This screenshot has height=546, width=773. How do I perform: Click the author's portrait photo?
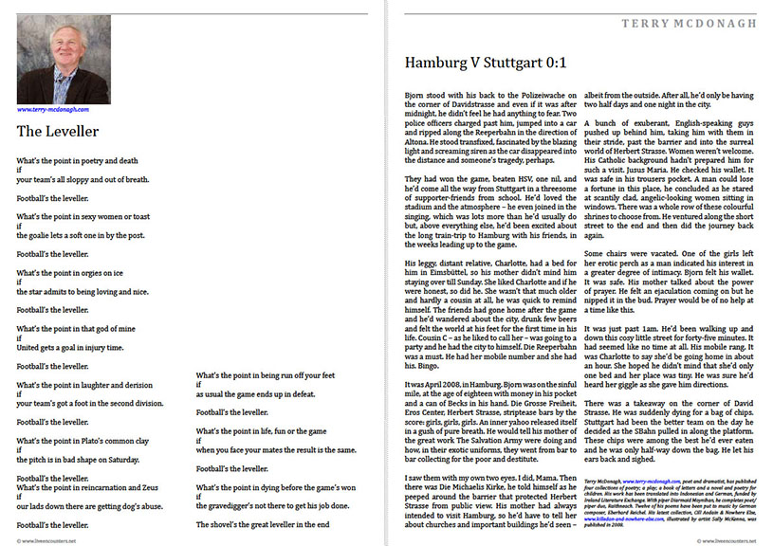64,59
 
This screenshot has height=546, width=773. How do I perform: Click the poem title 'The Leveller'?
58,132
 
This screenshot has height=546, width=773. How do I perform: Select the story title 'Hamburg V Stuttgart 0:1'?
485,64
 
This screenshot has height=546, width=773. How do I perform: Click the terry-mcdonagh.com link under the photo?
54,109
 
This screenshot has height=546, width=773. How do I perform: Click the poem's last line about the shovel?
263,522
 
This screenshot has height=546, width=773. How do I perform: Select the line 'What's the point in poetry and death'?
77,160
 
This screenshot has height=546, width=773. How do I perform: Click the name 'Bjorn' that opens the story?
414,96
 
